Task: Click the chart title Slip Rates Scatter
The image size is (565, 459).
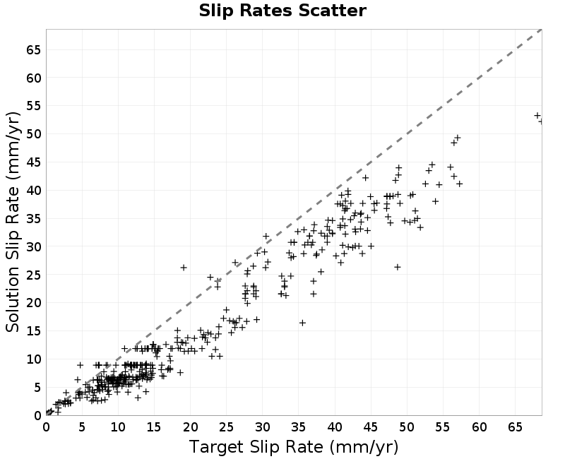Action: click(282, 11)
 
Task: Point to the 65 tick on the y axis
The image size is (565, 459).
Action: click(33, 49)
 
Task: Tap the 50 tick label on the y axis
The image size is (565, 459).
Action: click(33, 134)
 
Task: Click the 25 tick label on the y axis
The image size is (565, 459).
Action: click(33, 275)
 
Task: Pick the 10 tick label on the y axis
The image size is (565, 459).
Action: click(33, 359)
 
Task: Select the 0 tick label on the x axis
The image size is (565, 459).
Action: click(46, 427)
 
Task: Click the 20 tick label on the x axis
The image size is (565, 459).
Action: click(190, 427)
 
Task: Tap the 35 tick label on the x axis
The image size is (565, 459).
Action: click(299, 427)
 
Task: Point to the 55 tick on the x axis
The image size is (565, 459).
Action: click(443, 427)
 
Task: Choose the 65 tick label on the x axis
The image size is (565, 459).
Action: click(516, 427)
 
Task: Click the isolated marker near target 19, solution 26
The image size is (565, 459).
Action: click(184, 268)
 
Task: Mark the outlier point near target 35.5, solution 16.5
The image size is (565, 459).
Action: click(303, 323)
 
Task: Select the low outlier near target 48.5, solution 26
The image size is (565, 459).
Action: click(398, 267)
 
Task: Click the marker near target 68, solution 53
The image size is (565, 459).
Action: click(537, 116)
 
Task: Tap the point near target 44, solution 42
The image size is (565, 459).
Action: click(365, 178)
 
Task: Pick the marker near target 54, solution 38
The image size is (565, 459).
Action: click(435, 201)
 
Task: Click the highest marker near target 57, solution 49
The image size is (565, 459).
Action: click(458, 138)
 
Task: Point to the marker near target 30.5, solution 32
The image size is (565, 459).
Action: click(266, 237)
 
